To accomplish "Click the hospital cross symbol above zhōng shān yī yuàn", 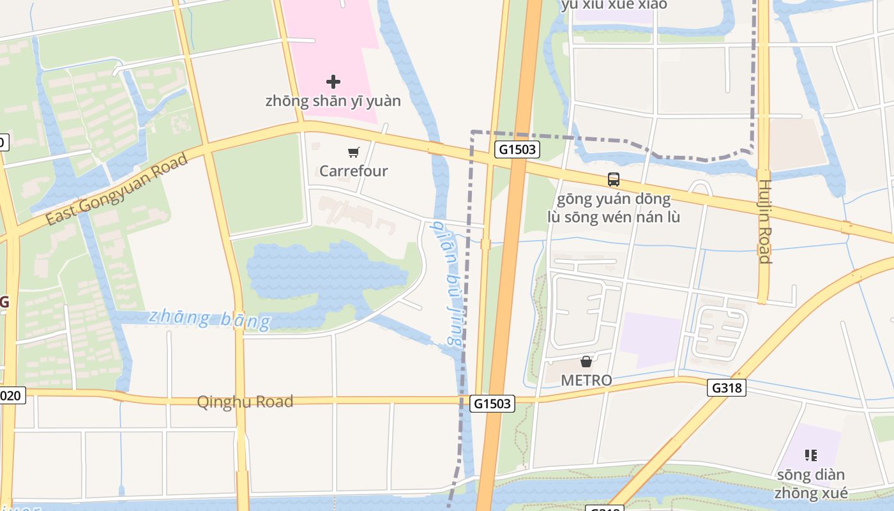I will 333,82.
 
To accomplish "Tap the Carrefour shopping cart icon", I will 354,152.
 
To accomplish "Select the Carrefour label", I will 354,171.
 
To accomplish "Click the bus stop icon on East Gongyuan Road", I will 614,179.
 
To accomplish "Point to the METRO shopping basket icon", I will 586,362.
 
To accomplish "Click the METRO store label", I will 586,380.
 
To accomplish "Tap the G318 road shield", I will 727,388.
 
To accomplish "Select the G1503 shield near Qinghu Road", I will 492,403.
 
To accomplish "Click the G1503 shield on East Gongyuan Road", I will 517,150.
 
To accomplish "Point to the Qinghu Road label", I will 245,402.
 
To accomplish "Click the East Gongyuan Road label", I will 117,189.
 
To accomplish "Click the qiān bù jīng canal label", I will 446,282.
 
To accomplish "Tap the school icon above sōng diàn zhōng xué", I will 811,455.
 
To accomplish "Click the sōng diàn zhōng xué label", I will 811,484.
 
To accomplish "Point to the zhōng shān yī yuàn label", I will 333,101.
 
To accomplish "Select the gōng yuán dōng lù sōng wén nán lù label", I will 614,208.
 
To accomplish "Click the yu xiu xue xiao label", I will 614,5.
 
